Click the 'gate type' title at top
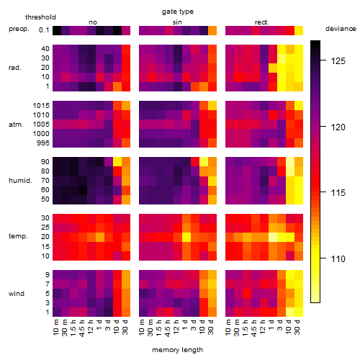178,12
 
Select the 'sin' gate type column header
177,22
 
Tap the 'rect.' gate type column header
261,22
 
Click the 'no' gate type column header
93,22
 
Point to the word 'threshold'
40,17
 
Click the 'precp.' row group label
19,29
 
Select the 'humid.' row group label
20,181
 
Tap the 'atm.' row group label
16,125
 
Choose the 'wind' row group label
17,294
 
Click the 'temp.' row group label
18,236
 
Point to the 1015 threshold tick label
41,106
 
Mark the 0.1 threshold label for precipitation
44,30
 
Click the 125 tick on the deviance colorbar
338,61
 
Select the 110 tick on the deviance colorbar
338,259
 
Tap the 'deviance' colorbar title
341,29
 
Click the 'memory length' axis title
178,350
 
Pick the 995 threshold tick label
43,143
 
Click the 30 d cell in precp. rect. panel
299,31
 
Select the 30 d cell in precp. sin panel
212,31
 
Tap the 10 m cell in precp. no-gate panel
57,31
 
